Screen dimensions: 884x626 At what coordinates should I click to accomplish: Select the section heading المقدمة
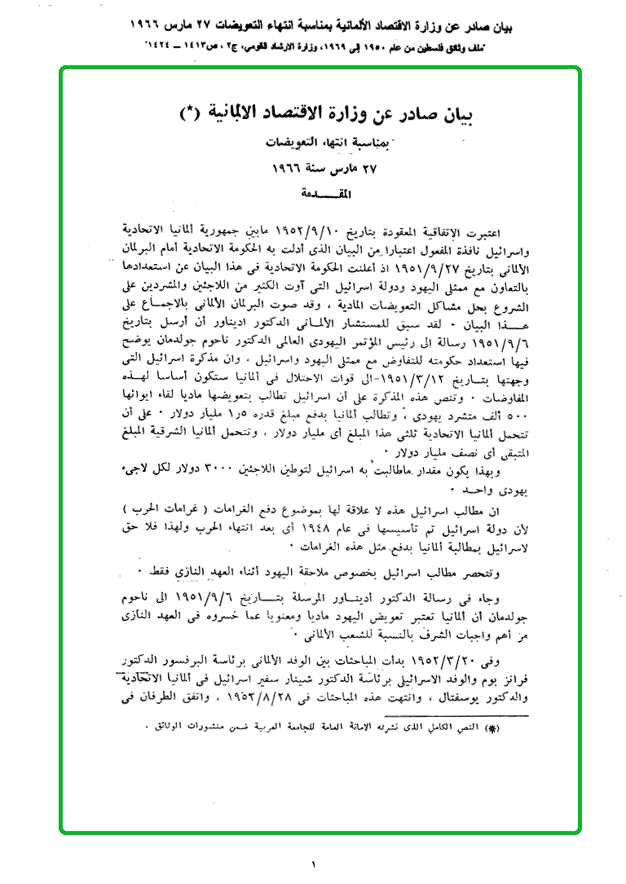pos(315,195)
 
